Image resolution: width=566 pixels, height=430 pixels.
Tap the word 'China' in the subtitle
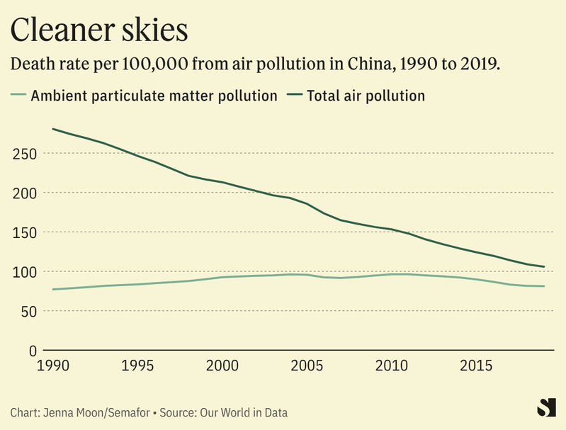[x=367, y=64]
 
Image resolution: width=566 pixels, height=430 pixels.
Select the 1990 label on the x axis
[x=53, y=366]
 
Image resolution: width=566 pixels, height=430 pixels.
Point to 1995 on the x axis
[x=138, y=366]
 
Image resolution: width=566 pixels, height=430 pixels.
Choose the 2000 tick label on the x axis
[x=222, y=366]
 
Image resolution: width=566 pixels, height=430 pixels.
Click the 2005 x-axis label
[x=307, y=366]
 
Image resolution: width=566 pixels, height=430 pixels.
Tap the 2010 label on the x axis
[x=392, y=366]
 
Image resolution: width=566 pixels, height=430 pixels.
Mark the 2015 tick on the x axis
[x=476, y=366]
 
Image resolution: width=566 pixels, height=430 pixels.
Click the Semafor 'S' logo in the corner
[x=545, y=407]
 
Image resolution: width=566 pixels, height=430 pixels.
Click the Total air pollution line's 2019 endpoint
[x=544, y=267]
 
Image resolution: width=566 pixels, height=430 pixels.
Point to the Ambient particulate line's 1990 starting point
[x=53, y=289]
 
